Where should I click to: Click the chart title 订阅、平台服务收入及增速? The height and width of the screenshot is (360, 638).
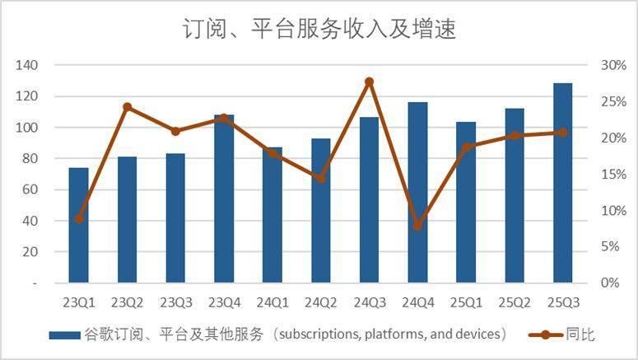pos(319,30)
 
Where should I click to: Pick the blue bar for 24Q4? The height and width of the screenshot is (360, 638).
pos(417,192)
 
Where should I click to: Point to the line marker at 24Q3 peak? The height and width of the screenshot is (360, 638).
pos(369,82)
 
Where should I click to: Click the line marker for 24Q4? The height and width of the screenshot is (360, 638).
pos(417,225)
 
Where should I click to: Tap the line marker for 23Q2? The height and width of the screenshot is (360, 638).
pos(128,107)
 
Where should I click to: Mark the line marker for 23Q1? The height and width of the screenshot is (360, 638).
pos(79,218)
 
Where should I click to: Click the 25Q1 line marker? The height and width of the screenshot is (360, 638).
pos(466,147)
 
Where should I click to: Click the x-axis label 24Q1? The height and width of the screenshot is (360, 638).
pos(272,301)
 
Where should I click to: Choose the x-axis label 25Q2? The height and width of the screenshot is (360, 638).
pos(514,301)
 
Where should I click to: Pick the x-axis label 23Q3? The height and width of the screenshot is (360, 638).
pos(175,301)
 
